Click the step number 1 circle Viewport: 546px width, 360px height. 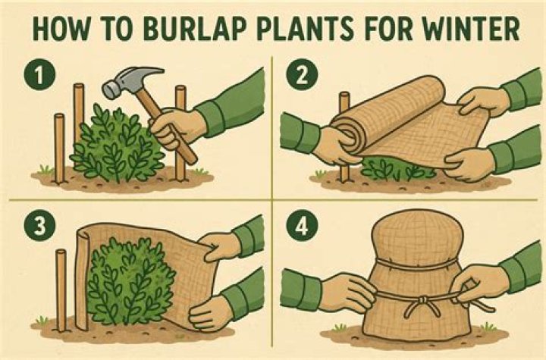39,76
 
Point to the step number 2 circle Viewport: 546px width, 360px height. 302,76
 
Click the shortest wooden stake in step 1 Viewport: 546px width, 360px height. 60,148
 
